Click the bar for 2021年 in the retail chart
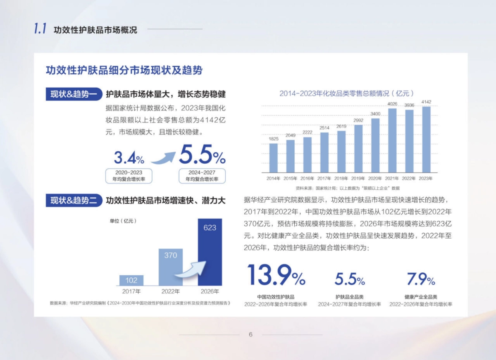pyautogui.click(x=392, y=141)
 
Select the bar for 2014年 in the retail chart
pyautogui.click(x=274, y=158)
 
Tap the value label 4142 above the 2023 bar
pyautogui.click(x=426, y=102)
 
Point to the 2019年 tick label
pyautogui.click(x=358, y=179)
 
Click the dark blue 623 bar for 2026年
pyautogui.click(x=210, y=252)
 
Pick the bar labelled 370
pyautogui.click(x=171, y=267)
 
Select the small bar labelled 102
pyautogui.click(x=131, y=280)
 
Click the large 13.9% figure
pyautogui.click(x=276, y=275)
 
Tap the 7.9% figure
pyautogui.click(x=421, y=280)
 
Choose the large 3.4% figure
pyautogui.click(x=129, y=158)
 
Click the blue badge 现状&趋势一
pyautogui.click(x=74, y=94)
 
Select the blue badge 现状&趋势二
pyautogui.click(x=74, y=201)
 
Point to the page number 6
pyautogui.click(x=250, y=334)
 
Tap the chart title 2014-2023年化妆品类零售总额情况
pyautogui.click(x=346, y=93)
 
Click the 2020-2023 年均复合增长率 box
pyautogui.click(x=129, y=176)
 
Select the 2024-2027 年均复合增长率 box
pyautogui.click(x=202, y=176)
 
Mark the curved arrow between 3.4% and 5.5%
pyautogui.click(x=163, y=157)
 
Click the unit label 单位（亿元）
pyautogui.click(x=123, y=221)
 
